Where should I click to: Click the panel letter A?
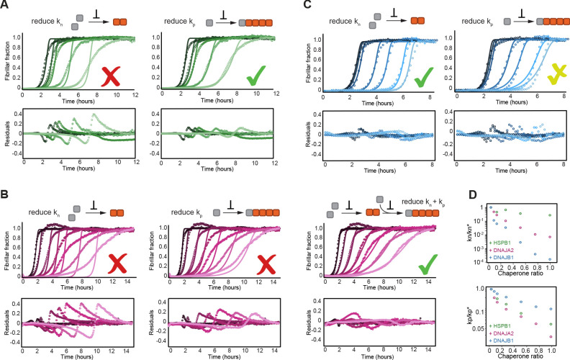coord(5,6)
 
